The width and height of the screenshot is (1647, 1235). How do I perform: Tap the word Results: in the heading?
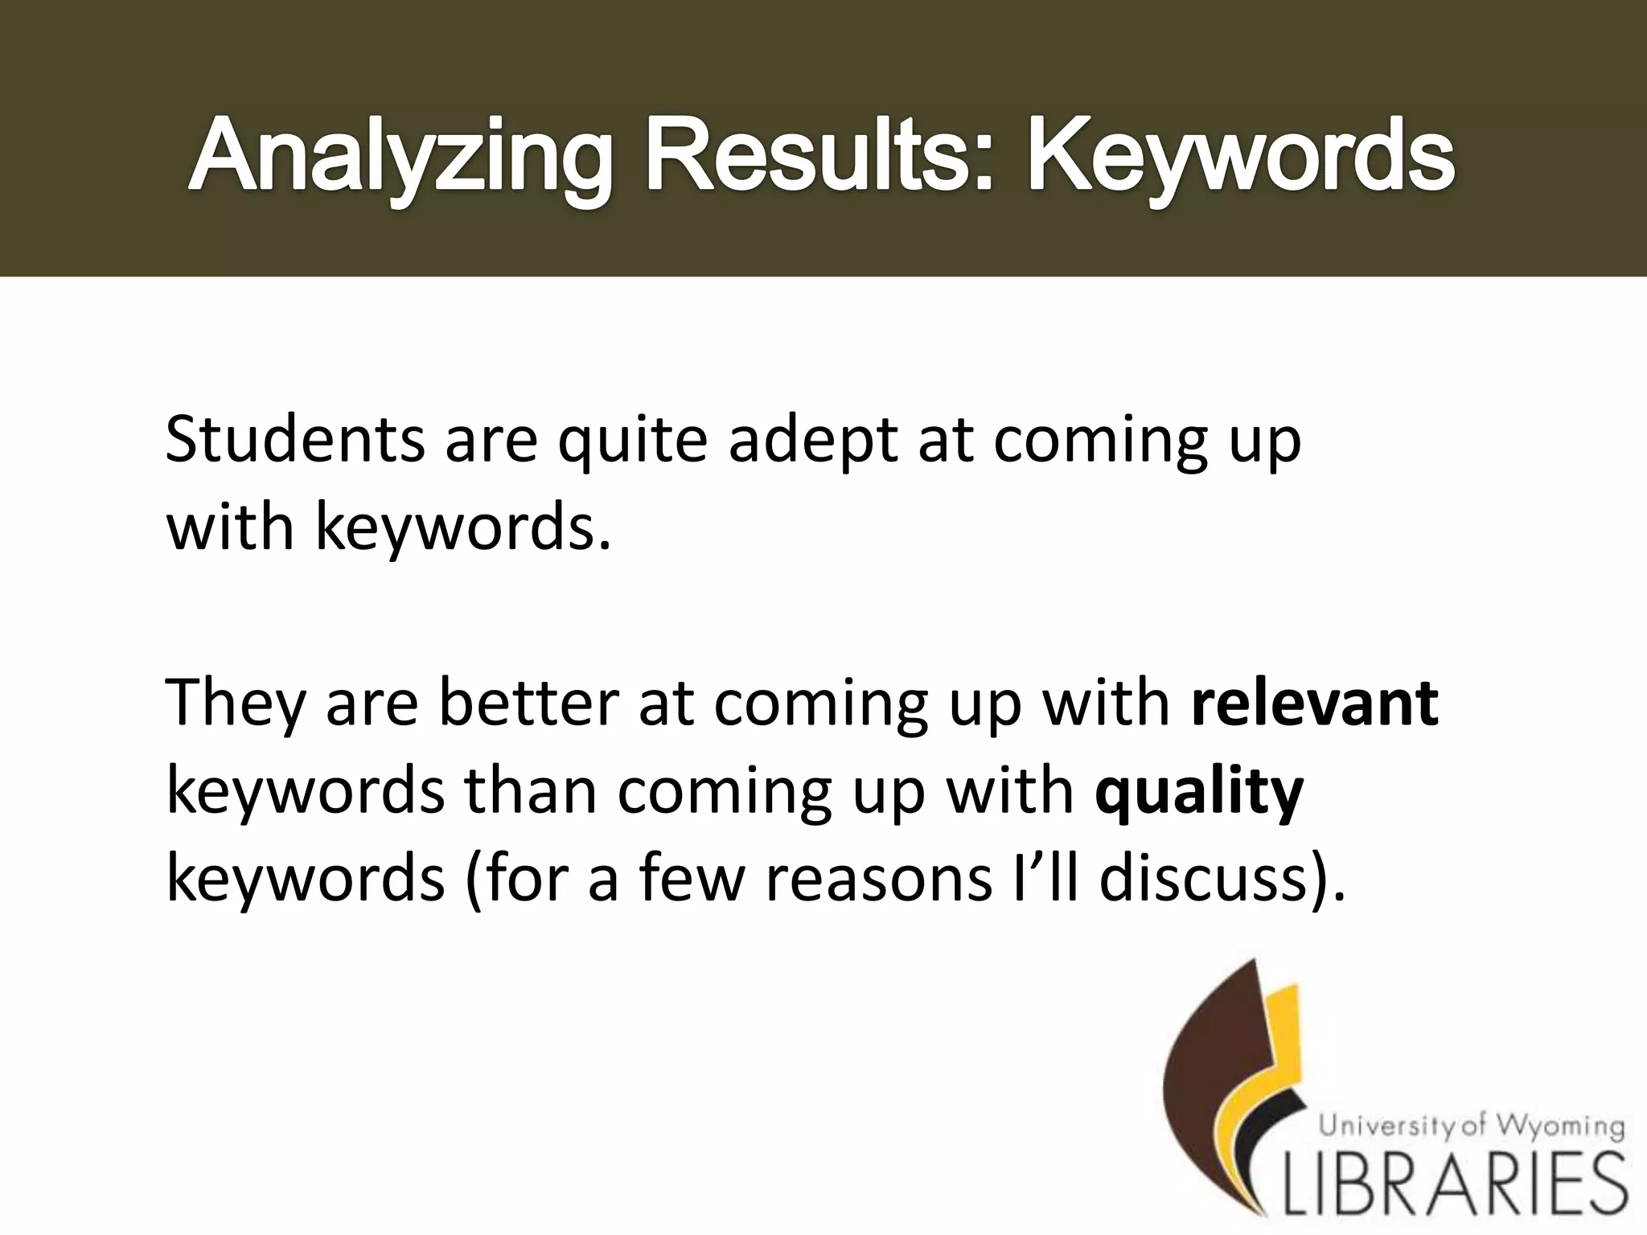(816, 156)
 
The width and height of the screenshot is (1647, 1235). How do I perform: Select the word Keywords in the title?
(1238, 156)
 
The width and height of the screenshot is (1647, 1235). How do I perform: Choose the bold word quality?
(1198, 793)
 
